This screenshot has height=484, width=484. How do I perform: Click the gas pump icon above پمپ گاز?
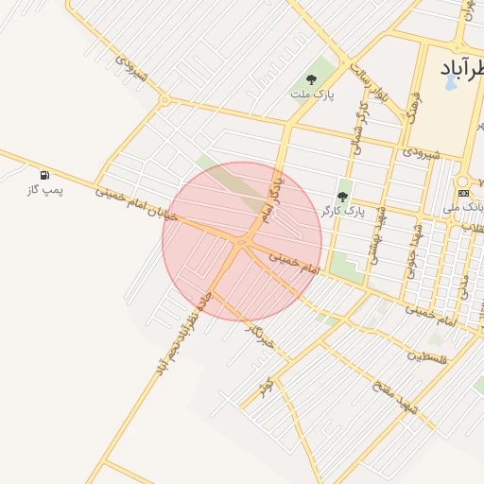pyautogui.click(x=44, y=175)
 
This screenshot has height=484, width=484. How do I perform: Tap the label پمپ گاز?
pyautogui.click(x=44, y=190)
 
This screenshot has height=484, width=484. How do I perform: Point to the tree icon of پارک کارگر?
pyautogui.click(x=342, y=197)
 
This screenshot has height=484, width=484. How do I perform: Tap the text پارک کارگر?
pyautogui.click(x=342, y=210)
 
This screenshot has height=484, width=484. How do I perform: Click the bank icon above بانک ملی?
pyautogui.click(x=462, y=193)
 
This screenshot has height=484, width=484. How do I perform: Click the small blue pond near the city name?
pyautogui.click(x=451, y=82)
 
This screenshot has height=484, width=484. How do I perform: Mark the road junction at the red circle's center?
pyautogui.click(x=242, y=242)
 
